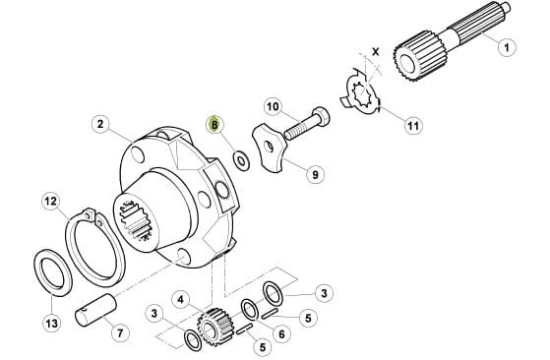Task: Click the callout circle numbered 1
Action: point(507,47)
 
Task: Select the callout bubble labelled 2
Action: point(100,124)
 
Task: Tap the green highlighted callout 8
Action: point(214,124)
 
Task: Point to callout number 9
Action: point(315,174)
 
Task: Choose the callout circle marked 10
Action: point(274,106)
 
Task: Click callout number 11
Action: point(413,125)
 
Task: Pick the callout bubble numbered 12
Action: point(51,202)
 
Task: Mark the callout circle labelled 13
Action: point(52,323)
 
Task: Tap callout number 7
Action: point(120,332)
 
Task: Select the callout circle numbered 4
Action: point(181,300)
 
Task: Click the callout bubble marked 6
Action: point(281,334)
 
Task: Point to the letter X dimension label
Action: point(376,52)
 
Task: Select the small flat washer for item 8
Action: point(241,161)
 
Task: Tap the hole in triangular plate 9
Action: point(269,147)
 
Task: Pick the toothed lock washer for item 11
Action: point(361,91)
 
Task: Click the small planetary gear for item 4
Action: point(214,327)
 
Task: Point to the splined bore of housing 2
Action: point(136,220)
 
